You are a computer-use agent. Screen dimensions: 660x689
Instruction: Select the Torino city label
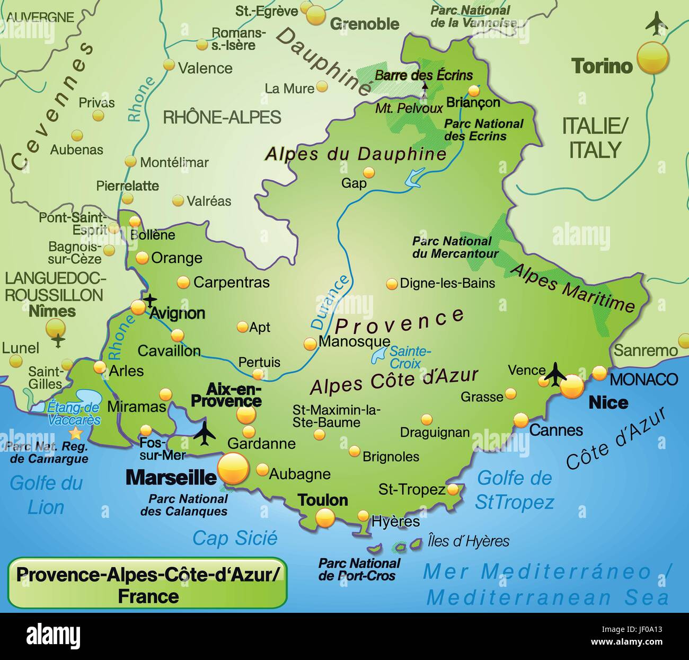[x=602, y=66]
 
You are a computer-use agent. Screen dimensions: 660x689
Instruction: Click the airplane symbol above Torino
[x=657, y=24]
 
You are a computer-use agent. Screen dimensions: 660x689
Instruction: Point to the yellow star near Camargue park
[x=77, y=434]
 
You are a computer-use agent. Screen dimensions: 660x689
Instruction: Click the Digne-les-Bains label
[x=447, y=283]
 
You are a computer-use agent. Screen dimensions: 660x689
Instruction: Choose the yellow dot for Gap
[x=369, y=172]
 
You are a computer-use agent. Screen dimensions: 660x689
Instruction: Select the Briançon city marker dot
[x=474, y=91]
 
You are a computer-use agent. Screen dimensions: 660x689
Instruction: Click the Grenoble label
[x=365, y=24]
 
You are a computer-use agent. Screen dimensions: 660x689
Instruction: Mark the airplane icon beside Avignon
[x=151, y=301]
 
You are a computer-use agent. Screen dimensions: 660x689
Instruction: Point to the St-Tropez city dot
[x=453, y=489]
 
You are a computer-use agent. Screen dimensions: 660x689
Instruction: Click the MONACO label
[x=644, y=379]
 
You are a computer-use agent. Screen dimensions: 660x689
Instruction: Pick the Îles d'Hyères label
[x=468, y=541]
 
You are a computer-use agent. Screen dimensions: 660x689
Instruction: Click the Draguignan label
[x=435, y=433]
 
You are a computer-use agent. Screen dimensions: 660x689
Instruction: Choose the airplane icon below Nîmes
[x=58, y=339]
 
